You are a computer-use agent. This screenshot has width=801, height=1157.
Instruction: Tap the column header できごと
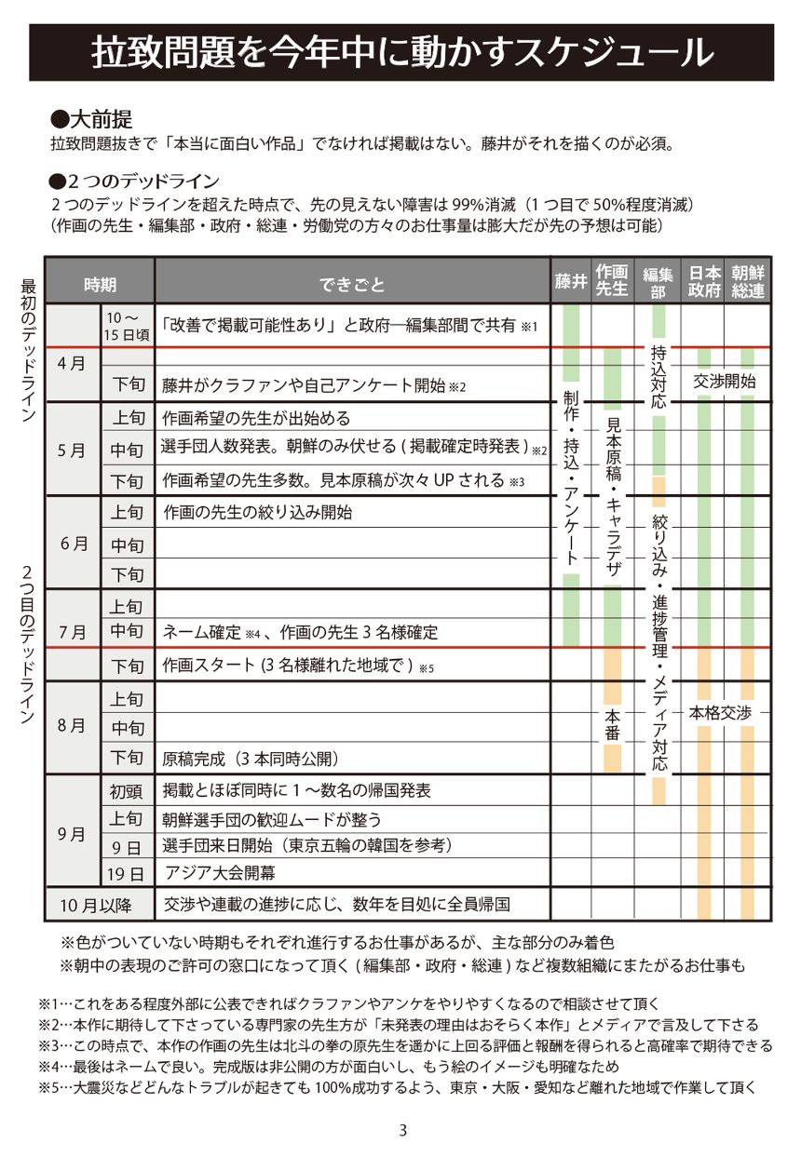[352, 284]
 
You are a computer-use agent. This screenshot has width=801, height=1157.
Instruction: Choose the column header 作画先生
[612, 280]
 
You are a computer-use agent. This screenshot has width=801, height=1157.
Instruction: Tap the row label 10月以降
[97, 904]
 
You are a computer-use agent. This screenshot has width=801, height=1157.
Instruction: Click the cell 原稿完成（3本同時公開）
[250, 758]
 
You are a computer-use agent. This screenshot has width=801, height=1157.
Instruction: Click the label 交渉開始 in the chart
[726, 382]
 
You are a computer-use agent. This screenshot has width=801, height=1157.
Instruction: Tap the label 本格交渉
[720, 713]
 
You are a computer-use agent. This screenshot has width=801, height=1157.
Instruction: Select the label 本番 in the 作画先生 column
[612, 724]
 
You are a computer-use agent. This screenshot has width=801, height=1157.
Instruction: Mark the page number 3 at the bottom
[402, 1130]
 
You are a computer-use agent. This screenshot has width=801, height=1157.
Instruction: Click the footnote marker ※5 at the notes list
[48, 1086]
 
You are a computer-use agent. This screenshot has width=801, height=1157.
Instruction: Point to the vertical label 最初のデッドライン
[28, 353]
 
